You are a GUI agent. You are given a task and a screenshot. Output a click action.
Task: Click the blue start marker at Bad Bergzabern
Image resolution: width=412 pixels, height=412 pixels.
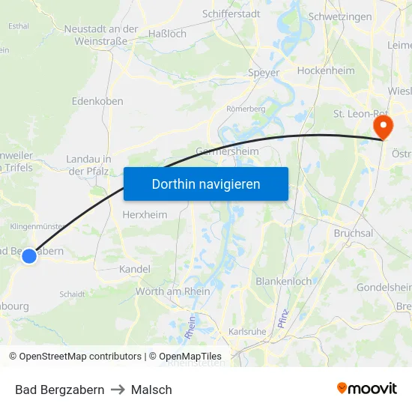point(28,256)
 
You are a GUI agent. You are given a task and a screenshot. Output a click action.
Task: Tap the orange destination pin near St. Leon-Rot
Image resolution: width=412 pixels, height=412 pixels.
point(383,125)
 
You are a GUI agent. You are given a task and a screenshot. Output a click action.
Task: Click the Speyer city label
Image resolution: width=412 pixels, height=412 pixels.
point(264,73)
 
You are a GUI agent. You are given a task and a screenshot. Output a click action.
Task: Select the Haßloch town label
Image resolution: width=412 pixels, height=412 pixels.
point(167,34)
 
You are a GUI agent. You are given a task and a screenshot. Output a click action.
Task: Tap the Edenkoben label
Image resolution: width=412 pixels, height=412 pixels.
point(97,100)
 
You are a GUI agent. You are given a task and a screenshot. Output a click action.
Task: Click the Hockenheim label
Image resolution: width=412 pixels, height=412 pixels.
point(325,70)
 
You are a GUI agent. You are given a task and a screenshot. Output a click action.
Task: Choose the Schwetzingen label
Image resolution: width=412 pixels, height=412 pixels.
point(340,16)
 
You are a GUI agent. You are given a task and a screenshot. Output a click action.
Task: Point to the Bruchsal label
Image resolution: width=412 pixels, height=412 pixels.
point(354,233)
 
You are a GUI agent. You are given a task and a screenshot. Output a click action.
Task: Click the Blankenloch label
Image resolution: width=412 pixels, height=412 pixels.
point(284,282)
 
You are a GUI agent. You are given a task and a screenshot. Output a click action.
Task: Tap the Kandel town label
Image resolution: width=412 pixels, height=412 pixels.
point(135,269)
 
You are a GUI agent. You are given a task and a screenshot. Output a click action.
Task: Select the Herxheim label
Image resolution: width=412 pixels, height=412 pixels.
point(145,214)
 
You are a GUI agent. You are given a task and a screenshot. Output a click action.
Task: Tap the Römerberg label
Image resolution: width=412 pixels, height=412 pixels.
point(246,109)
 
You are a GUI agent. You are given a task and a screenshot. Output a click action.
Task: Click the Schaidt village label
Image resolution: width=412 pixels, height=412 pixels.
point(72,294)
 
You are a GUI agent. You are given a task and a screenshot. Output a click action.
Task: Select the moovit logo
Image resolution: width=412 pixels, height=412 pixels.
point(367,389)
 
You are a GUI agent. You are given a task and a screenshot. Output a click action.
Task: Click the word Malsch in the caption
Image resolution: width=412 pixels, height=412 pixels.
point(151,390)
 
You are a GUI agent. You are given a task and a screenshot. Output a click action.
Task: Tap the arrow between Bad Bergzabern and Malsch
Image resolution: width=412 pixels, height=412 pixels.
point(118,390)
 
